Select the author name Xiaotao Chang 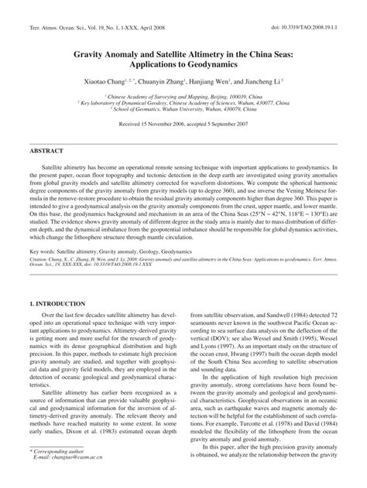pyautogui.click(x=104, y=80)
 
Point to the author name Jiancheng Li pyautogui.click(x=267, y=80)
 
